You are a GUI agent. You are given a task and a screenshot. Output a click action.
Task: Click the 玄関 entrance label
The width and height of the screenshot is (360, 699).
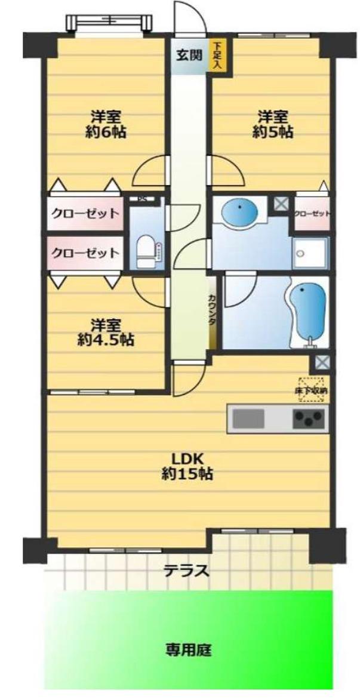coord(188,55)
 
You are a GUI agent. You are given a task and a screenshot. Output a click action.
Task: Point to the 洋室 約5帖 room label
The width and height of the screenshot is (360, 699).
coord(272,124)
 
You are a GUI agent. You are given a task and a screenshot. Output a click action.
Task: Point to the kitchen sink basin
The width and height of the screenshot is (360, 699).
coord(248,418)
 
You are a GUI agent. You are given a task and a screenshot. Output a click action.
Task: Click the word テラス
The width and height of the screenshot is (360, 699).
coord(187,571)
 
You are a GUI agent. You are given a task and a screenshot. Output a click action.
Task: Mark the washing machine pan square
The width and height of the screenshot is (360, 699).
coord(311,253)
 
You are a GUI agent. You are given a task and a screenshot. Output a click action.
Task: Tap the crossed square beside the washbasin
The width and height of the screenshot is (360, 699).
coord(280,203)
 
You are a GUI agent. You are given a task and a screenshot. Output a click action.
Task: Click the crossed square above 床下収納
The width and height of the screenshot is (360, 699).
coord(321,362)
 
